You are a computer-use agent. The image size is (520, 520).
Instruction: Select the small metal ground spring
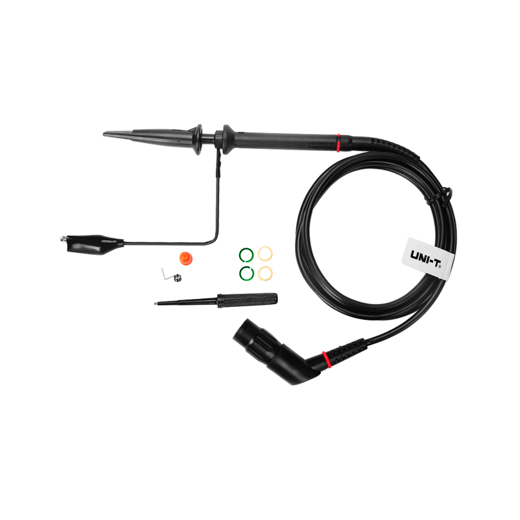[x=176, y=277]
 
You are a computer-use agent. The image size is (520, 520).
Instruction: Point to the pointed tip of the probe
[x=107, y=134]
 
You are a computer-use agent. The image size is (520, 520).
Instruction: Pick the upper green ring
[x=246, y=254]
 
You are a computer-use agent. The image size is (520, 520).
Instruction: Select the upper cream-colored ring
[x=265, y=254]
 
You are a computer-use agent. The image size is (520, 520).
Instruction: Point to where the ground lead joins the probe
[x=221, y=151]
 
